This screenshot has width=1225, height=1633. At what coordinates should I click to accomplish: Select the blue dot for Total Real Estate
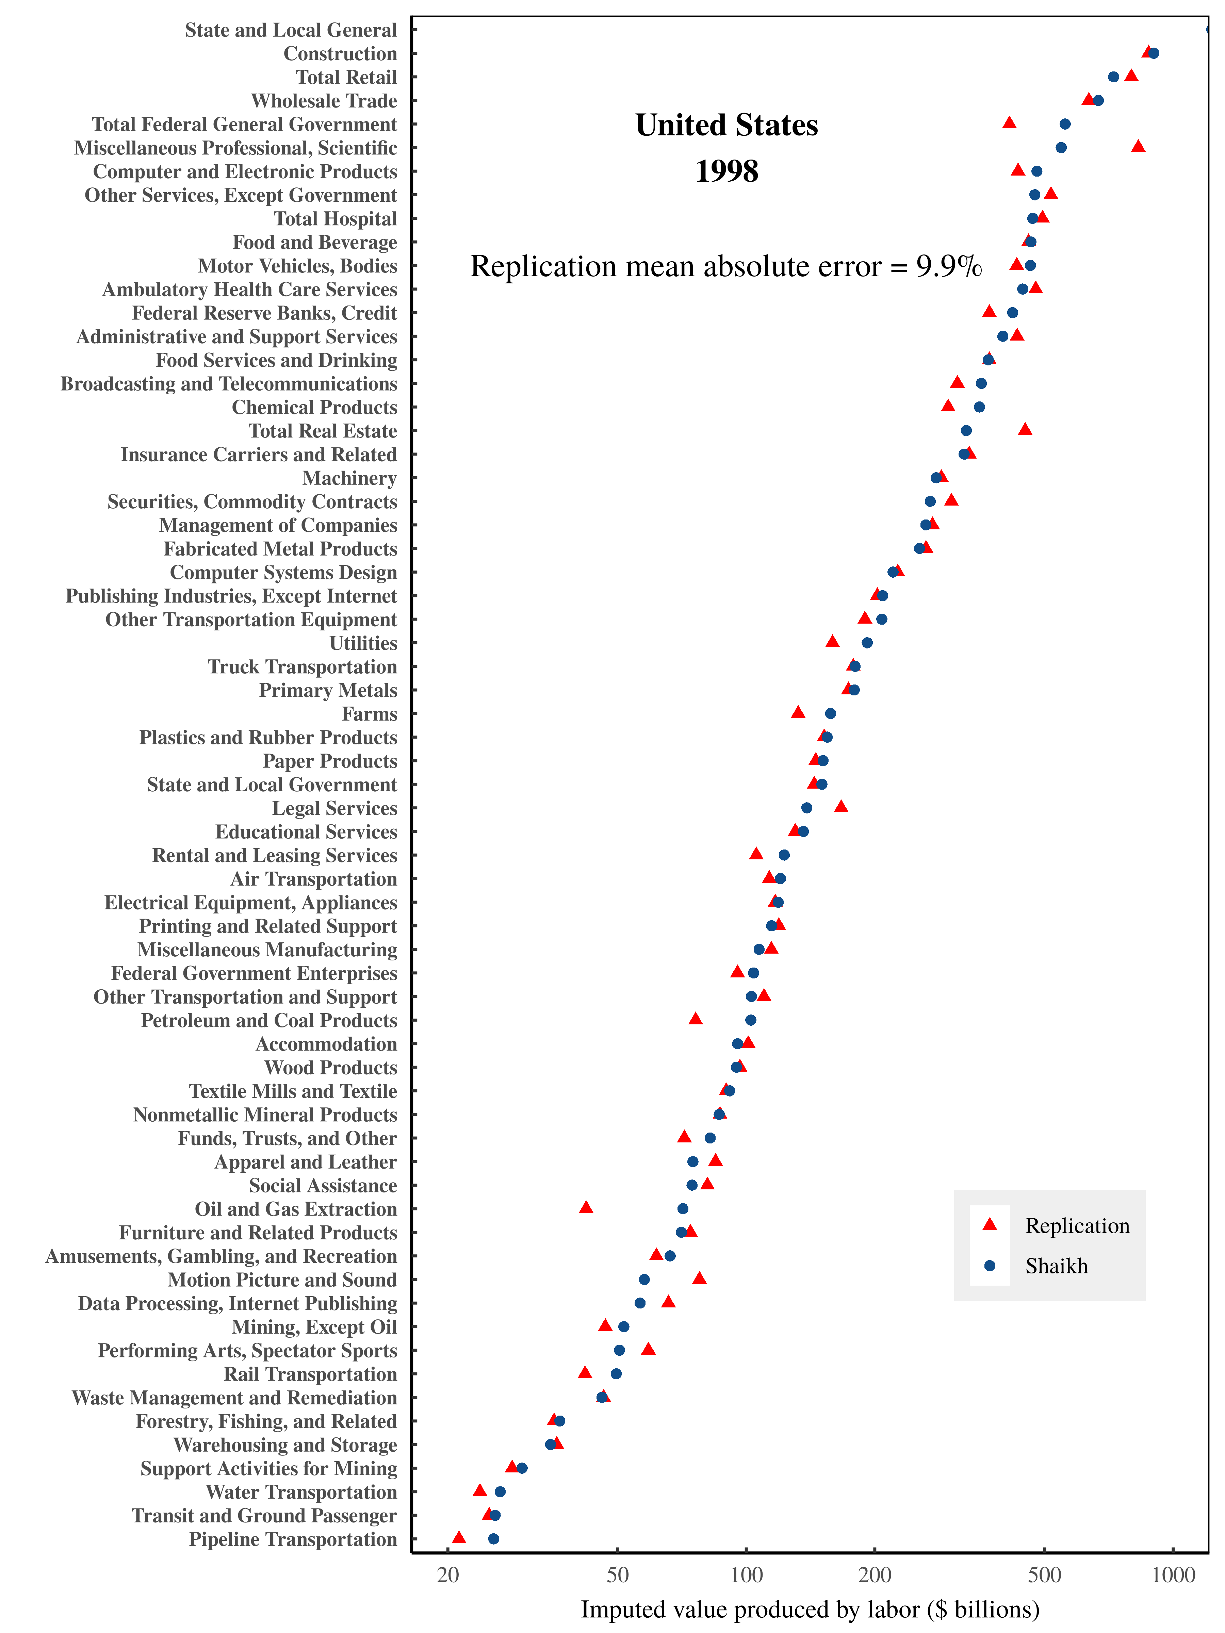pos(966,430)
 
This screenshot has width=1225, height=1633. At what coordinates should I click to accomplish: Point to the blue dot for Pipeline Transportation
pos(493,1538)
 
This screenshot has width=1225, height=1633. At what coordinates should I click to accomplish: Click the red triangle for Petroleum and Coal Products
pos(695,1019)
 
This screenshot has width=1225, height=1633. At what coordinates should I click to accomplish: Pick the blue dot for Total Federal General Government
pos(1065,124)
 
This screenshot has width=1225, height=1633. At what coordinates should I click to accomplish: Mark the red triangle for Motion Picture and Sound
pos(699,1278)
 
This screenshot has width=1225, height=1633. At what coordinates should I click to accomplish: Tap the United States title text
pos(726,126)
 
